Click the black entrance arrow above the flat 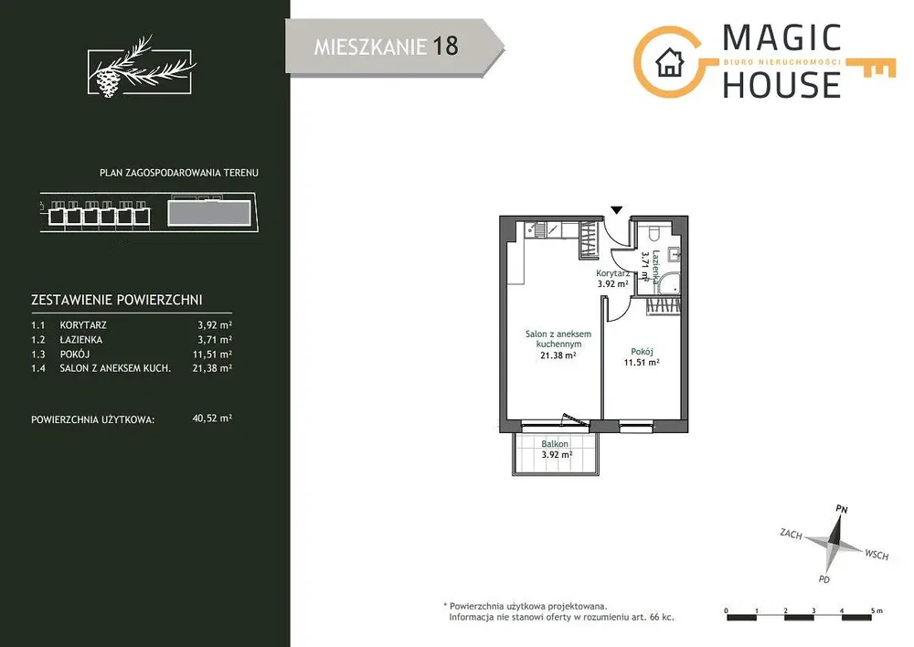(617, 210)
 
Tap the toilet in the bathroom (654, 232)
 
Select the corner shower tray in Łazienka (667, 283)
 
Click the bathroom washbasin (675, 254)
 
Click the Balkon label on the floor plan (555, 443)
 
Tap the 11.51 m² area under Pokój (642, 362)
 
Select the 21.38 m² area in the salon (558, 355)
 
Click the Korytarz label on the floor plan (612, 273)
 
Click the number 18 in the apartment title (445, 47)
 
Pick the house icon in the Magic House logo (669, 62)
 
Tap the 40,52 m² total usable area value (212, 418)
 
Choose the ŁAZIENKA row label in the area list (81, 339)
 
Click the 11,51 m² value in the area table (212, 354)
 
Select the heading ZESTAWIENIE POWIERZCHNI (117, 300)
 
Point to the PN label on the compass (841, 509)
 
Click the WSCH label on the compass (877, 554)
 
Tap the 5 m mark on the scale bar (877, 610)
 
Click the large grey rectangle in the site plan (209, 213)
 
